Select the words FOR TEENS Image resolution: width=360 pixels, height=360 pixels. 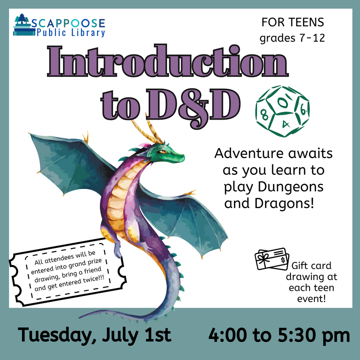point(293,22)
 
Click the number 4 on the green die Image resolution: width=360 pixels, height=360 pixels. point(285,124)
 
